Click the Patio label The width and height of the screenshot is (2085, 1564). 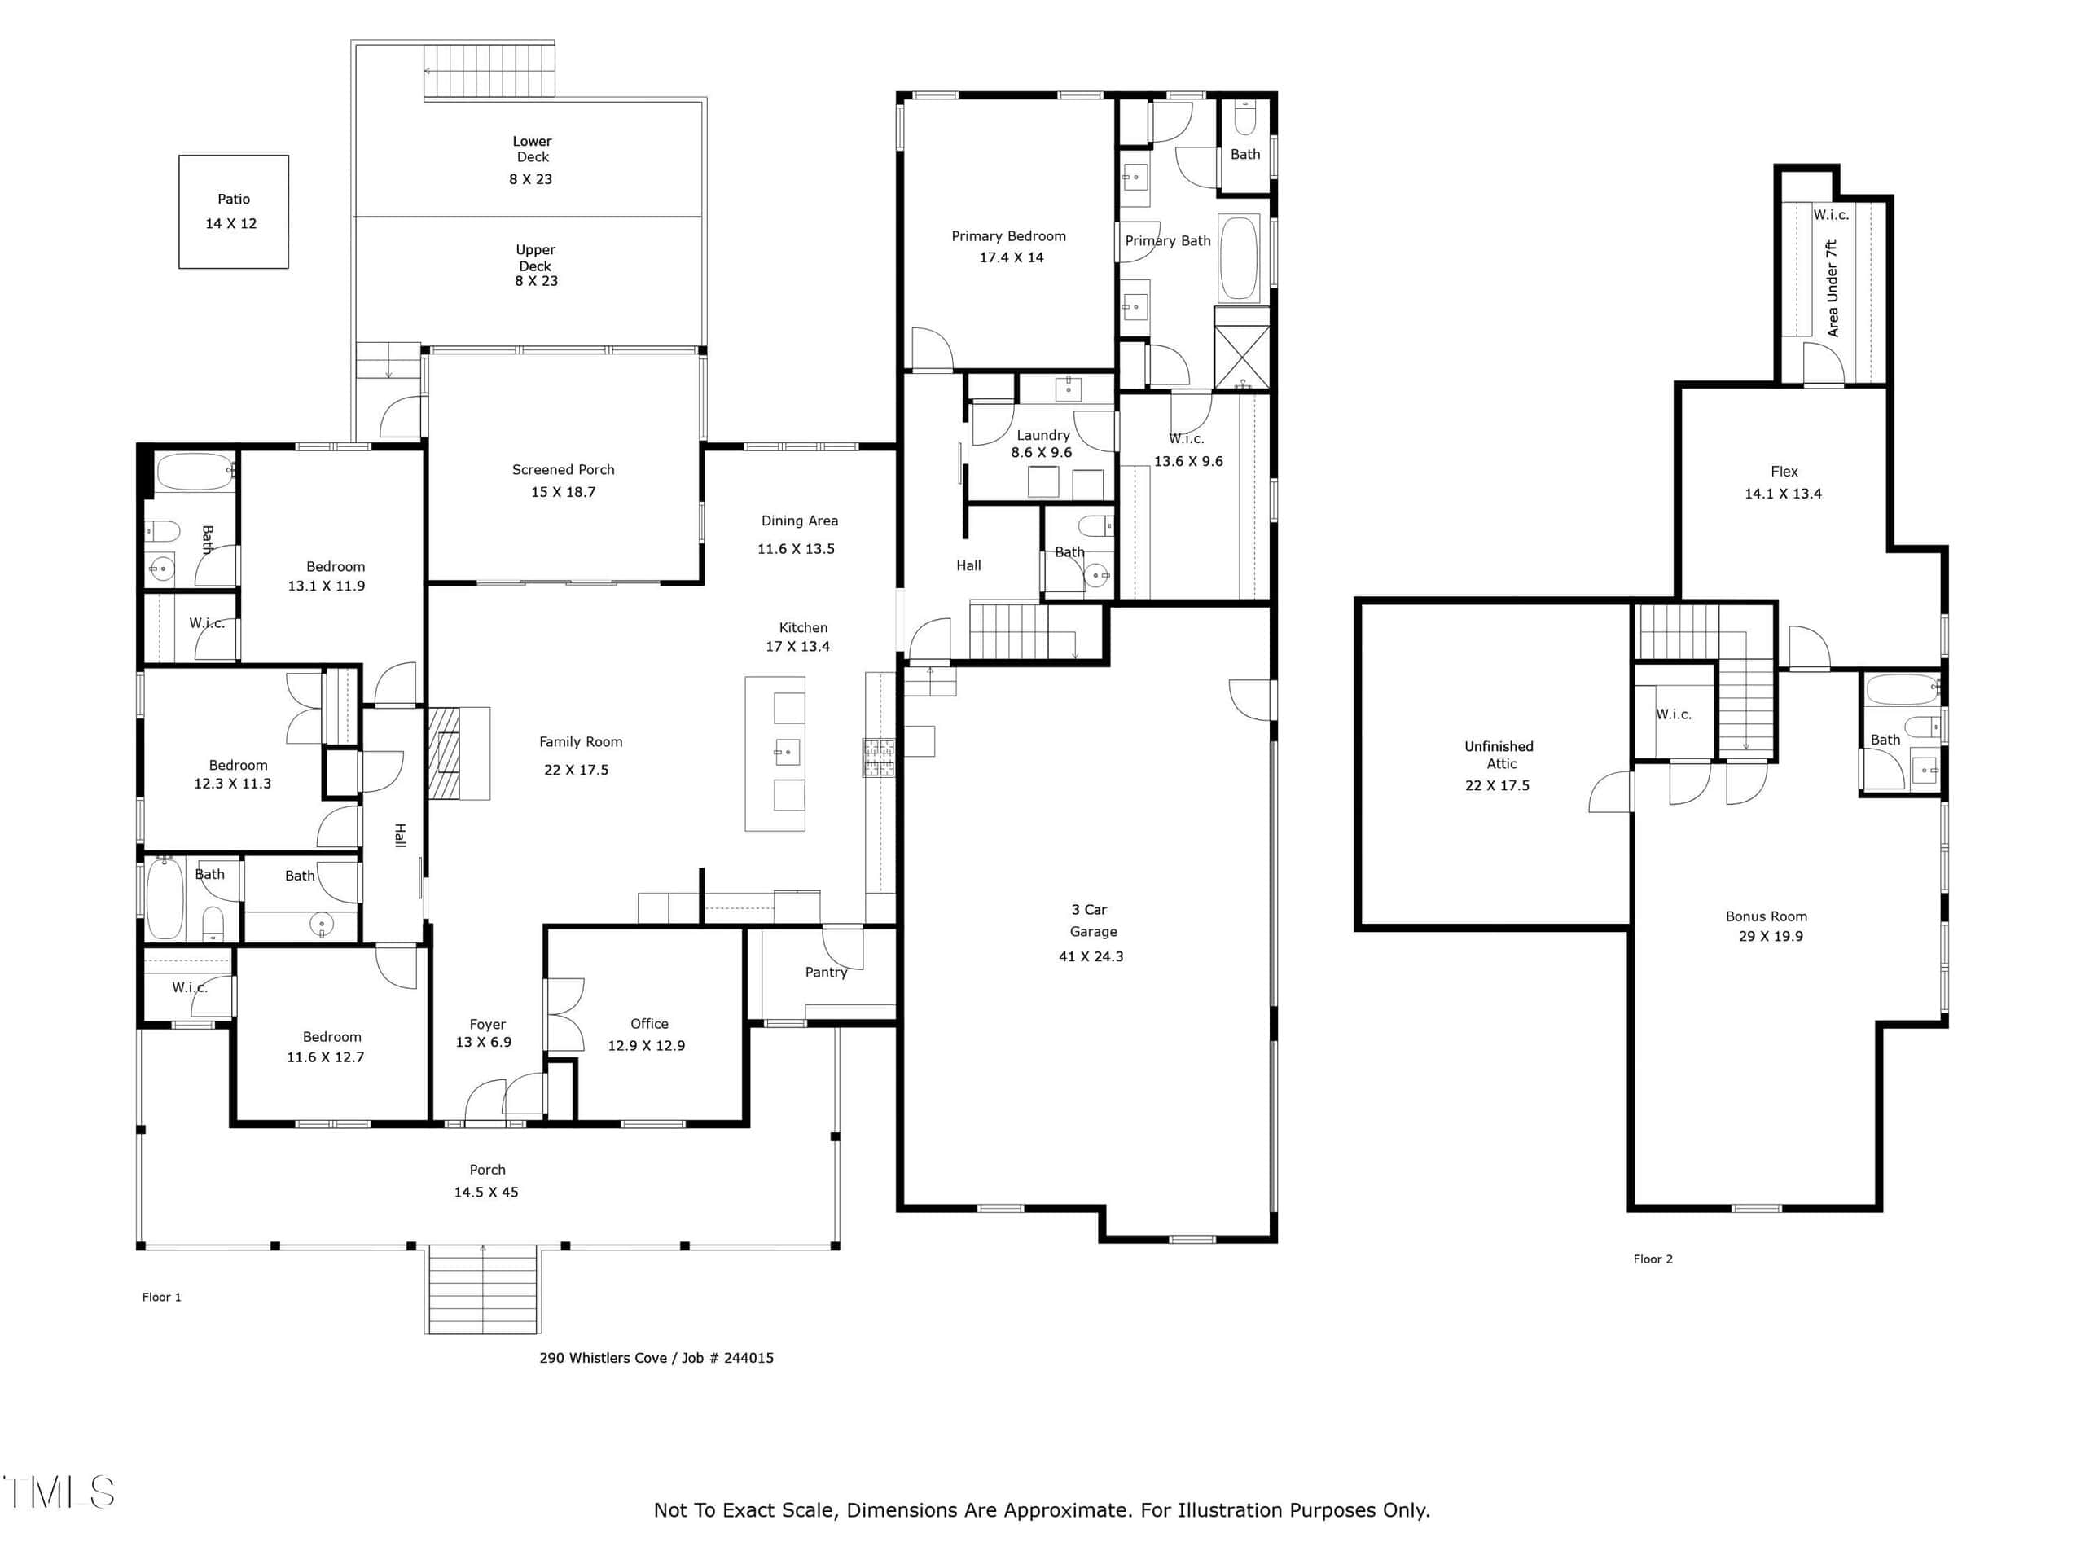coord(234,199)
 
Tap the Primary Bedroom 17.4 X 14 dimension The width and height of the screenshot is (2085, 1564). coord(1012,257)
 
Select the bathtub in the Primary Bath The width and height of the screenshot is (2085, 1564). coord(1239,257)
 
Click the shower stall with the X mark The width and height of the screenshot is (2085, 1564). coord(1241,356)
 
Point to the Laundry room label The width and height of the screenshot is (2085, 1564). coord(1042,435)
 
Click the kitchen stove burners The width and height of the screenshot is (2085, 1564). coord(879,758)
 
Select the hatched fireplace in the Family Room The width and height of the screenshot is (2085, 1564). coord(445,753)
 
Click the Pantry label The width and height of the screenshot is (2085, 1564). coord(826,972)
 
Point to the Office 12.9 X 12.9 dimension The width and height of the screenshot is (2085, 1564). coord(647,1045)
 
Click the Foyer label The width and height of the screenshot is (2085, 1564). coord(487,1024)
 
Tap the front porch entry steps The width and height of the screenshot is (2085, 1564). coord(483,1289)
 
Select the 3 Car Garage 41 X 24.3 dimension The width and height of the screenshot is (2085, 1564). coord(1091,956)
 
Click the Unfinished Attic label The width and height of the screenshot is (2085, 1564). coord(1499,755)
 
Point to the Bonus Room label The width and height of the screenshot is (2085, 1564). coord(1767,916)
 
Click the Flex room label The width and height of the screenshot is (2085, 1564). coord(1784,472)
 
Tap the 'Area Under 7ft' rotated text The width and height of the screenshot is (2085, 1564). coord(1833,288)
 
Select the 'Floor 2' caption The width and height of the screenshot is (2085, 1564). coord(1653,1259)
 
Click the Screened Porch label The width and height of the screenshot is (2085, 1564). coord(563,469)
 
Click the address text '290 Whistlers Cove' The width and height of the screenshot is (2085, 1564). coord(604,1358)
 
